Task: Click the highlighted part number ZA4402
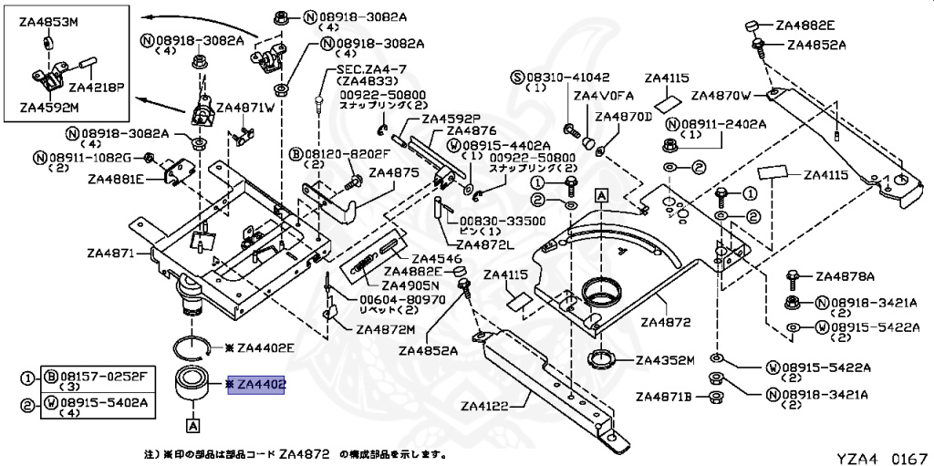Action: point(261,386)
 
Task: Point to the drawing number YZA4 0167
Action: point(883,455)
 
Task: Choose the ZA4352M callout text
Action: point(665,359)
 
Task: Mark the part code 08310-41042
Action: point(566,77)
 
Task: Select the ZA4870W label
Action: point(721,94)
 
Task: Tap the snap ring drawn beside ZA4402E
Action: point(192,347)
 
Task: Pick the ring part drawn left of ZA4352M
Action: point(602,357)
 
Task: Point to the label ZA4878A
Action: point(845,276)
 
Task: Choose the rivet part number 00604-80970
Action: point(401,298)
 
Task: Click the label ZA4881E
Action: point(116,179)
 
